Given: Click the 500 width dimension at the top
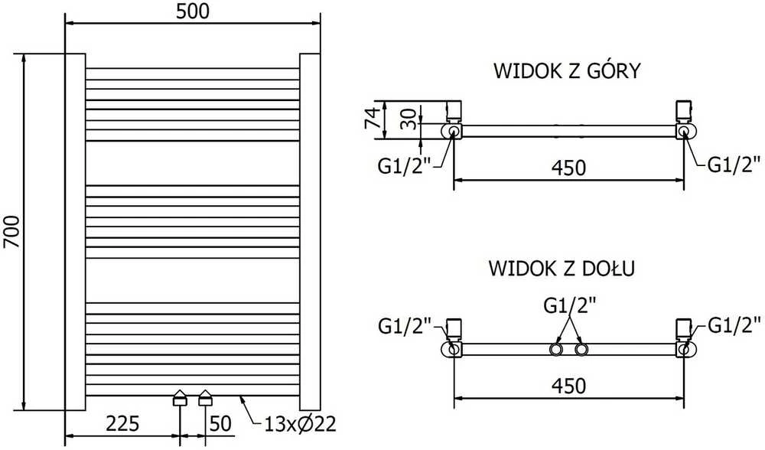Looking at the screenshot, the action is (x=193, y=11).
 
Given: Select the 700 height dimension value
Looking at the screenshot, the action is (x=11, y=231).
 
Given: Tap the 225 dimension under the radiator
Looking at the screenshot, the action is (x=123, y=424).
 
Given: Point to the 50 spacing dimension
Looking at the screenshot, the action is (x=220, y=424).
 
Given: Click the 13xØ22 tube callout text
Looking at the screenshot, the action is (x=300, y=424).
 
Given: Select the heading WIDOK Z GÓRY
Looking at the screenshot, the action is (x=566, y=70).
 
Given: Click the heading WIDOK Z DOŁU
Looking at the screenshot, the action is (x=562, y=268).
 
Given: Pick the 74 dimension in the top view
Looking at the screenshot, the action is (x=373, y=117).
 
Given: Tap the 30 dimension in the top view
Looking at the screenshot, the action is (x=409, y=119).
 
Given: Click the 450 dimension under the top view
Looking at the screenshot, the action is (x=568, y=168).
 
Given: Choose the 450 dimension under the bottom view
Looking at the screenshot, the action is (x=568, y=386).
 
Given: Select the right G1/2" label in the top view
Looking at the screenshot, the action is (x=734, y=165).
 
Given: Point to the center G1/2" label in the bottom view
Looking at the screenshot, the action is (x=570, y=306).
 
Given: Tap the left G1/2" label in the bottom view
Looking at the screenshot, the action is (x=405, y=325).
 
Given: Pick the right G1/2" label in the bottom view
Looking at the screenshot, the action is (x=734, y=324).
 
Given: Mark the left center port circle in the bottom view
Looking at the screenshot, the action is (x=555, y=350).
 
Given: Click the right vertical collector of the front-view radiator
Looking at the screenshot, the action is (x=310, y=232).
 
